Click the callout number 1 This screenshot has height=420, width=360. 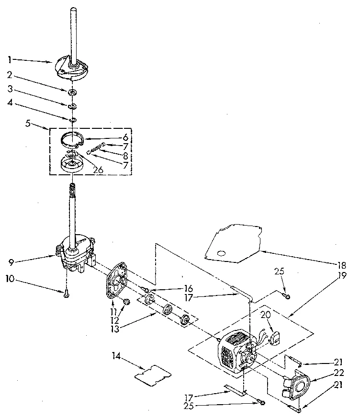(x=10, y=60)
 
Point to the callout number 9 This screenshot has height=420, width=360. (x=10, y=261)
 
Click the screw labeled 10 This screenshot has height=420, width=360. (x=65, y=294)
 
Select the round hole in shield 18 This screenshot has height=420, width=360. (x=221, y=252)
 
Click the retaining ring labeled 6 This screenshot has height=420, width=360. (x=72, y=139)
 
